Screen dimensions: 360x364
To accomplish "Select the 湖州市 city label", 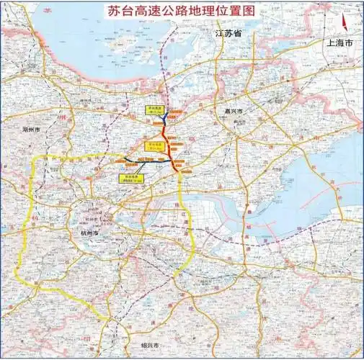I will [34, 130].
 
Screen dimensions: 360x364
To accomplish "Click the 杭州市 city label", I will [85, 235].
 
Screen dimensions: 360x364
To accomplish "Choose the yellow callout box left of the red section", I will [151, 145].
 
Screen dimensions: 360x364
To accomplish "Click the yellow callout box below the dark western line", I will [130, 176].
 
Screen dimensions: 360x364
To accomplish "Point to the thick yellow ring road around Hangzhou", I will [29, 238].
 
